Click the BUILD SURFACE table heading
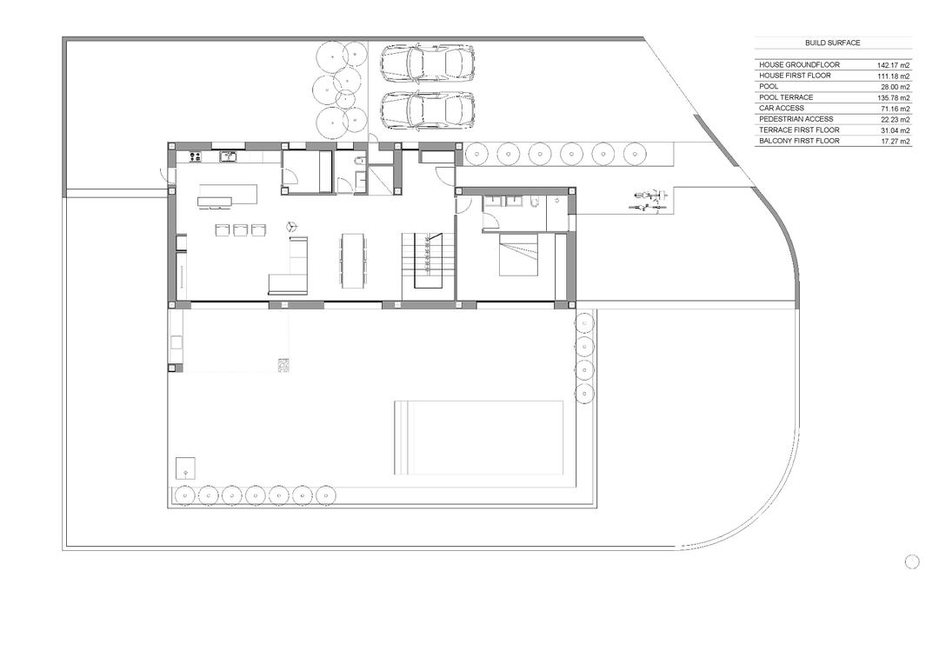[832, 43]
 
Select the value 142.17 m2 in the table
[893, 65]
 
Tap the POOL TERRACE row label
[786, 97]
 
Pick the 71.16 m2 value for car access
[893, 109]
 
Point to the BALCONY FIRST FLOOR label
[799, 141]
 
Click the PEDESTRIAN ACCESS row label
[796, 119]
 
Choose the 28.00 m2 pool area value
[894, 87]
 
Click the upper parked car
[427, 63]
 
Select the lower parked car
[427, 110]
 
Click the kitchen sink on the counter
[229, 157]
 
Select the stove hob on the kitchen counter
[195, 157]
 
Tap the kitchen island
[228, 196]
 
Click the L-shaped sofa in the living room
[290, 271]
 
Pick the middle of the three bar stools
[240, 230]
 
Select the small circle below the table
[912, 561]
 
